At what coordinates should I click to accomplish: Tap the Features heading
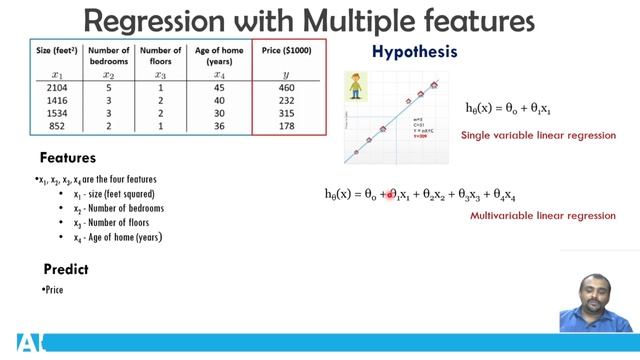[x=68, y=158]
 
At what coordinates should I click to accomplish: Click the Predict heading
[x=66, y=270]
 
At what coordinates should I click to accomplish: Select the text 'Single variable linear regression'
[x=538, y=135]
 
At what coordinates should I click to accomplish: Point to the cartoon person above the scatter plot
[x=357, y=87]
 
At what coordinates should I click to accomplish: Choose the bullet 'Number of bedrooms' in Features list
[x=125, y=208]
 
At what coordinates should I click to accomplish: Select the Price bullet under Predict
[x=55, y=290]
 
